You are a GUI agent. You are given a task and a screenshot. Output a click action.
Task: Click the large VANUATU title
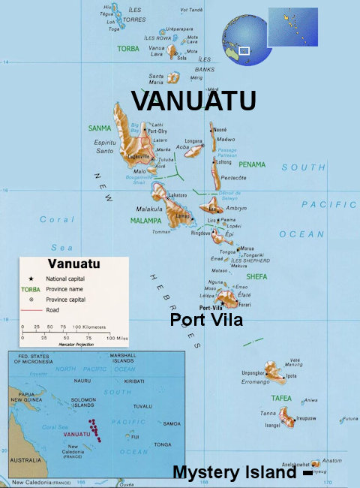pyautogui.click(x=194, y=101)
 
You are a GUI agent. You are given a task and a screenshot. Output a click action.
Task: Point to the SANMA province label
pyautogui.click(x=99, y=128)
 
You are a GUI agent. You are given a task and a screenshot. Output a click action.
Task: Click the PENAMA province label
pyautogui.click(x=252, y=164)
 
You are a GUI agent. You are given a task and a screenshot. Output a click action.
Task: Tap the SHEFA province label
pyautogui.click(x=256, y=277)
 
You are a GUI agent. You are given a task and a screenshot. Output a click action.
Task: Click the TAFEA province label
pyautogui.click(x=282, y=399)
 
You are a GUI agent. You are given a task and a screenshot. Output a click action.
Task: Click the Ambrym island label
pyautogui.click(x=236, y=208)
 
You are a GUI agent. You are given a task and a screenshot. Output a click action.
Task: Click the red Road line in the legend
pyautogui.click(x=31, y=308)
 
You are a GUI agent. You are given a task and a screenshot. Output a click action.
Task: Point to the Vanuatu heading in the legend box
pyautogui.click(x=73, y=264)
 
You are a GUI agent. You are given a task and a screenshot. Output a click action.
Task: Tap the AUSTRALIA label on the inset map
pyautogui.click(x=25, y=460)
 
